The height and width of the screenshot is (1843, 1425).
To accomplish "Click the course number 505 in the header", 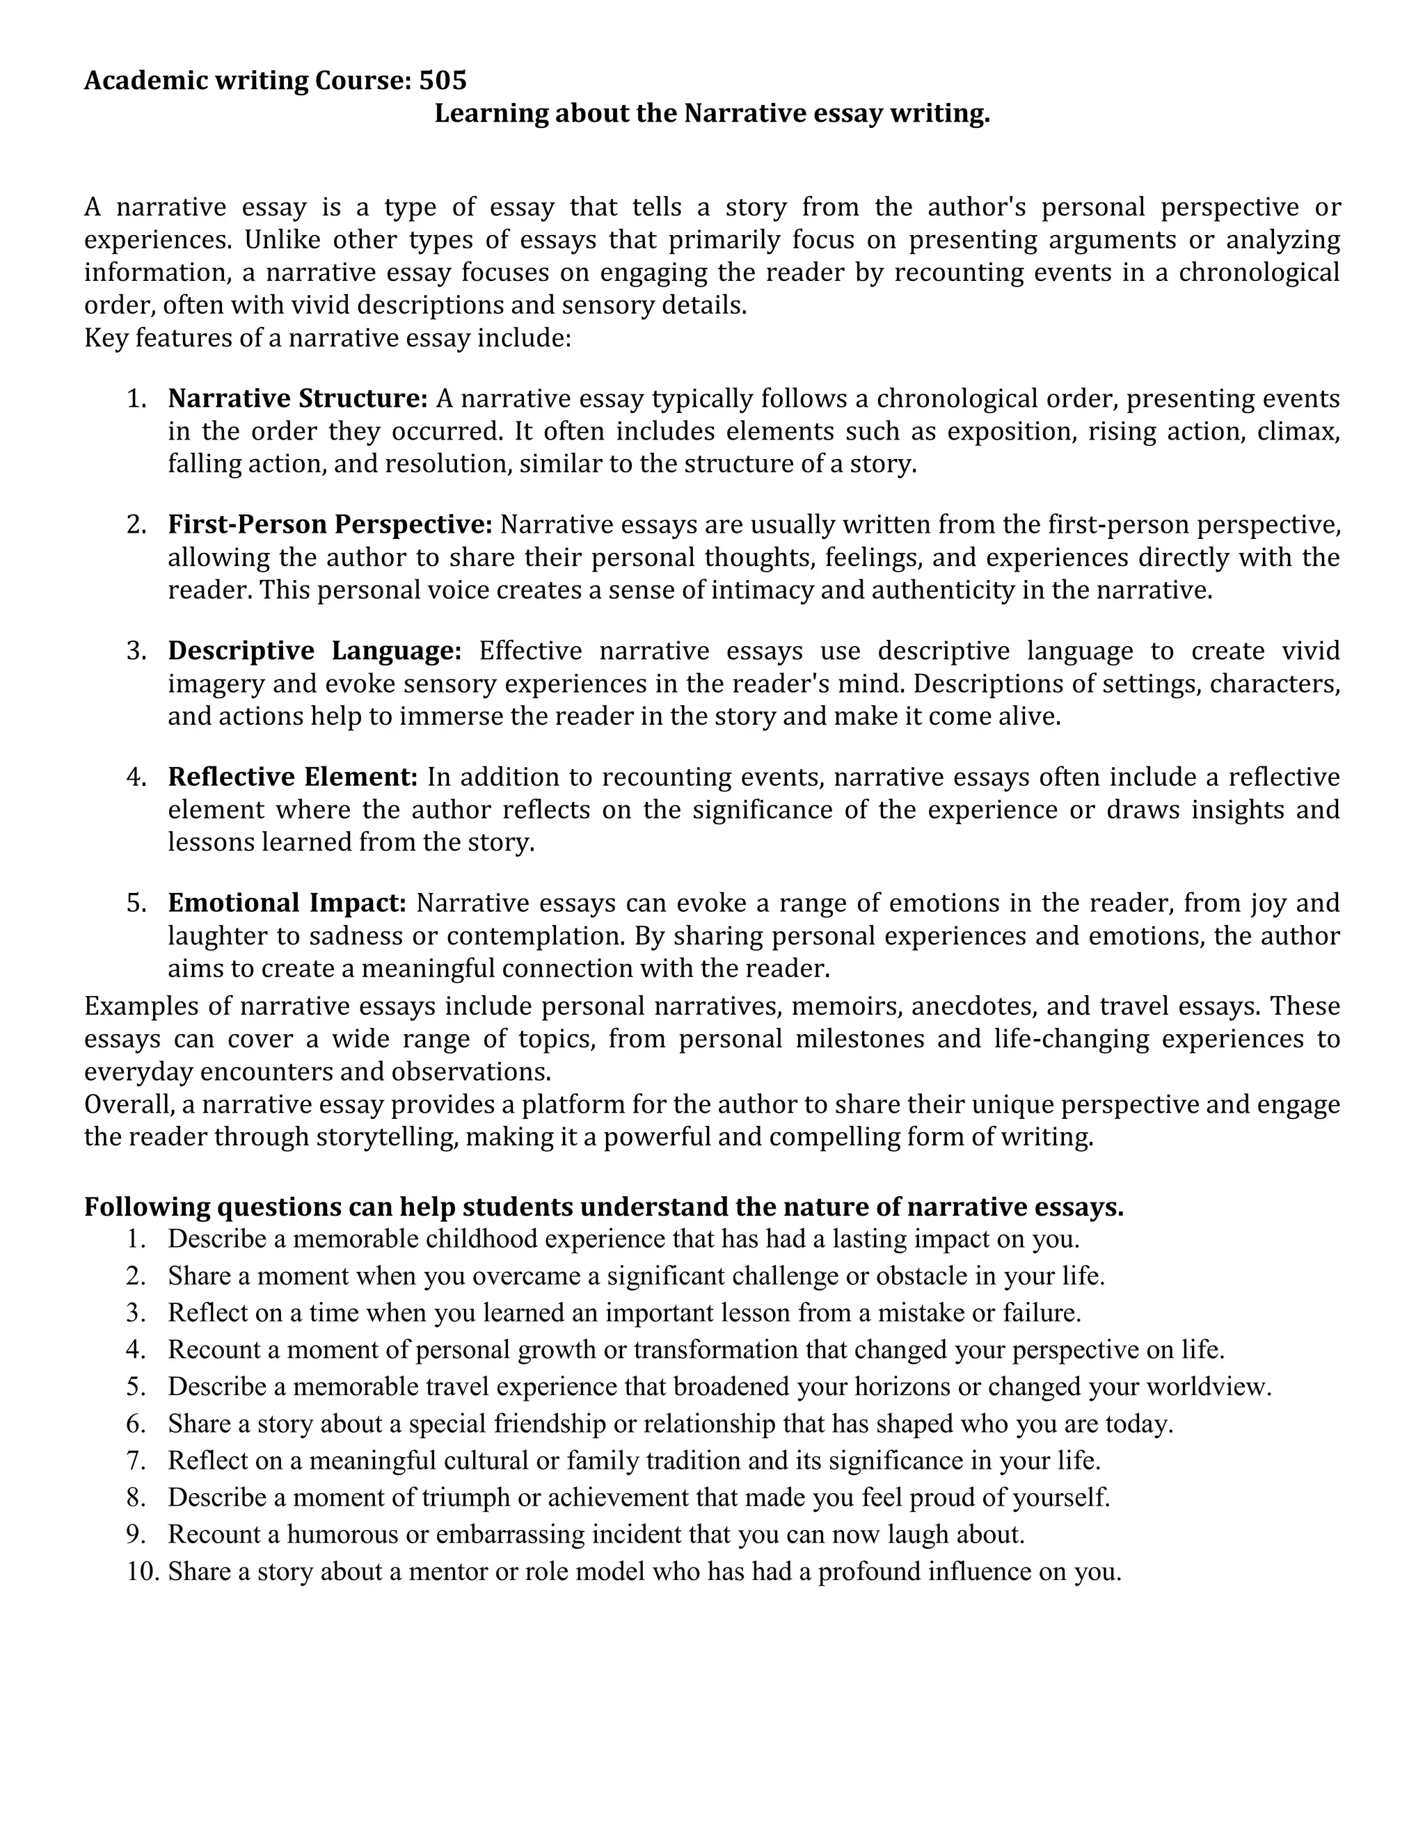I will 443,80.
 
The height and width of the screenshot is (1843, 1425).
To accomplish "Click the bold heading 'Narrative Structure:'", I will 298,399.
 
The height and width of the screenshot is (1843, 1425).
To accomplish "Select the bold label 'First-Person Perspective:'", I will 330,525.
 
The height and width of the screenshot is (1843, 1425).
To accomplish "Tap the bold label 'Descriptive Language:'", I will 315,651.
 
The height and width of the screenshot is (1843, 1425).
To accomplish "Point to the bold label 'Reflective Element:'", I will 293,776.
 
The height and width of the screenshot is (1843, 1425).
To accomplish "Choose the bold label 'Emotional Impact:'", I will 287,903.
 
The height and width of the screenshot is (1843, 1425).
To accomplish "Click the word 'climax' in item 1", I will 1296,431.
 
